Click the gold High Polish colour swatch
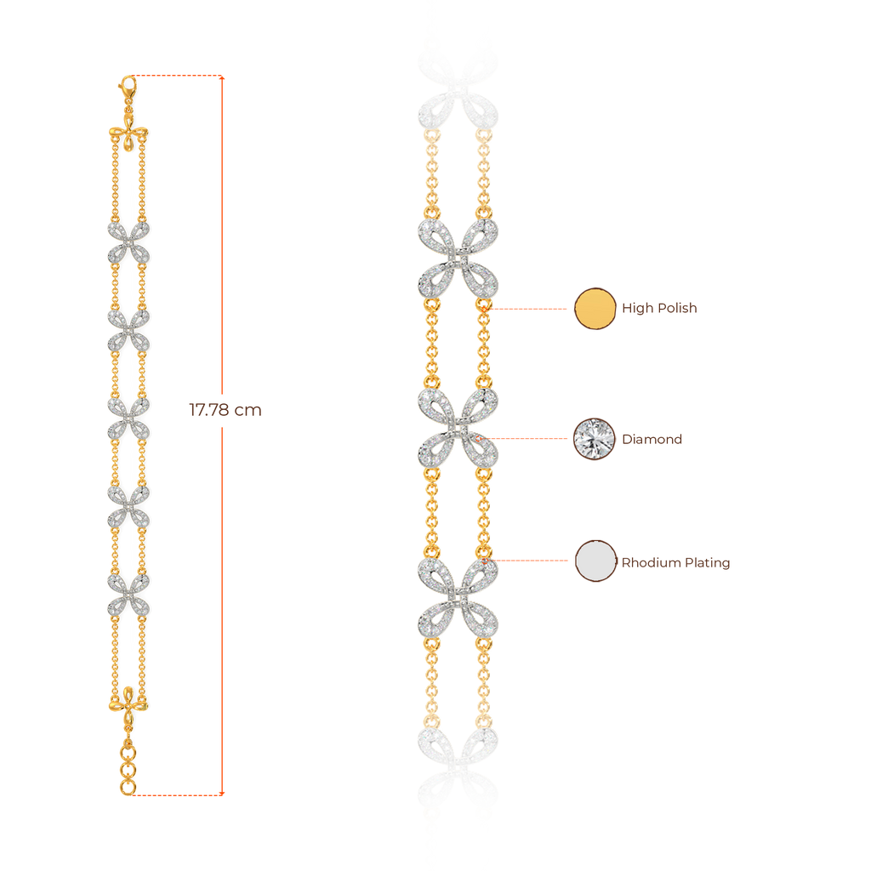pyautogui.click(x=595, y=308)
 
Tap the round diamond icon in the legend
pyautogui.click(x=595, y=439)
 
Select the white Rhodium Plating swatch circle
pyautogui.click(x=595, y=561)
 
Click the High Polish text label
pyautogui.click(x=659, y=308)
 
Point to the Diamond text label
pyautogui.click(x=652, y=439)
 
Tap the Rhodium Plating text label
pyautogui.click(x=676, y=561)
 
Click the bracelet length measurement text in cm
pyautogui.click(x=225, y=410)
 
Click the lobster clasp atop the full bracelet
pyautogui.click(x=127, y=86)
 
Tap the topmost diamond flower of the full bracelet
pyautogui.click(x=128, y=242)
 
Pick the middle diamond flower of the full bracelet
pyautogui.click(x=128, y=417)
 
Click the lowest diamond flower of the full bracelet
pyautogui.click(x=128, y=593)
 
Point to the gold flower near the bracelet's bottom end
pyautogui.click(x=128, y=699)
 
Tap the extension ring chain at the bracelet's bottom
pyautogui.click(x=128, y=766)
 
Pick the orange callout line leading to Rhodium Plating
pyautogui.click(x=532, y=561)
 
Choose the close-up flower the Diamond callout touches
pyautogui.click(x=458, y=429)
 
